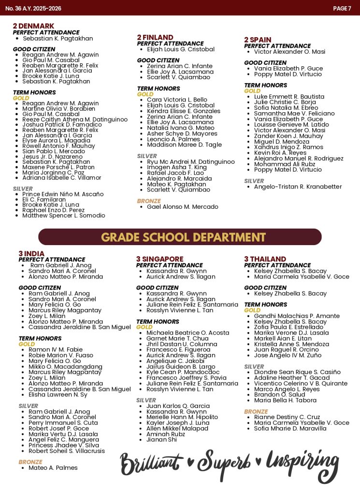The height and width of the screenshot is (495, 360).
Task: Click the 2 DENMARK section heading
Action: tap(33, 26)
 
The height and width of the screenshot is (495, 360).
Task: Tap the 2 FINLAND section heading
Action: tap(155, 37)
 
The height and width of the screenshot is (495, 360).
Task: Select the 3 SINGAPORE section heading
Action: tap(159, 259)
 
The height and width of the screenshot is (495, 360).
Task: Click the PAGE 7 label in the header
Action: tap(342, 8)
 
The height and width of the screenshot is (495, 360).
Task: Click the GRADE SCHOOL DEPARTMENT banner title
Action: tap(180, 237)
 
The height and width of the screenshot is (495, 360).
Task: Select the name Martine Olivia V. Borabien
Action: tap(58, 109)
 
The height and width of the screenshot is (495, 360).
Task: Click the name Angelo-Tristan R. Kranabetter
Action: tap(298, 187)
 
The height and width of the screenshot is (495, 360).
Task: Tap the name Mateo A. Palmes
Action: tap(53, 467)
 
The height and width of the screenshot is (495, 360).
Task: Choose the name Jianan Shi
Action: tap(161, 439)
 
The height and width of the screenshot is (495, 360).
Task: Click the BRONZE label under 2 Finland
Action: tap(149, 201)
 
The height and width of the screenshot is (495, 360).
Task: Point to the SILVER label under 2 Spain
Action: tap(254, 181)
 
